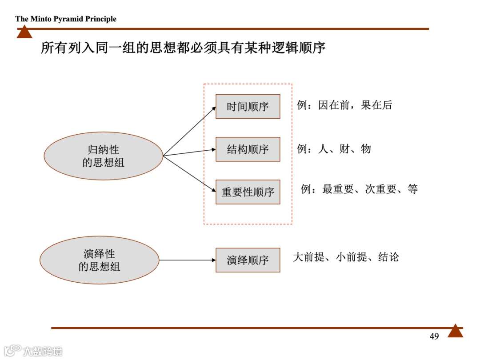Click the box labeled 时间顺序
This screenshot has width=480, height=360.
[248, 107]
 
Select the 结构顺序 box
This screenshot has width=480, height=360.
[248, 149]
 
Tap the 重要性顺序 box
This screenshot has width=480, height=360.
[248, 192]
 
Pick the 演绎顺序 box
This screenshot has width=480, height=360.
[248, 260]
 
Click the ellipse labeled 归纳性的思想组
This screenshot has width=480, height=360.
[103, 156]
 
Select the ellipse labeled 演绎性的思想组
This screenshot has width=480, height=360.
[99, 260]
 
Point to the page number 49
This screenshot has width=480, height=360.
[434, 336]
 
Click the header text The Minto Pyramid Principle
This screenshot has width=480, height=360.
[66, 19]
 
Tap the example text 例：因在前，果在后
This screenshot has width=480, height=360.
[344, 105]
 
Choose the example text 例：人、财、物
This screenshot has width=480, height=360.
[334, 149]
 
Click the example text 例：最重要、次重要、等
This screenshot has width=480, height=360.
[359, 189]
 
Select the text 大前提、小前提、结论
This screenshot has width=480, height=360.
[346, 257]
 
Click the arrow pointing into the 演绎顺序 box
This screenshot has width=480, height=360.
[187, 260]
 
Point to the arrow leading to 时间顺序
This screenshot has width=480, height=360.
[189, 131]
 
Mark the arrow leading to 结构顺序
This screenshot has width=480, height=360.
[189, 152]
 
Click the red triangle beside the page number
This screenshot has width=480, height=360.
[455, 331]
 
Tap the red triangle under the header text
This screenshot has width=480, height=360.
[24, 32]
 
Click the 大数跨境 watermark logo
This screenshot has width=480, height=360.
[33, 351]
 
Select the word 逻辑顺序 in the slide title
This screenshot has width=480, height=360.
[294, 48]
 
